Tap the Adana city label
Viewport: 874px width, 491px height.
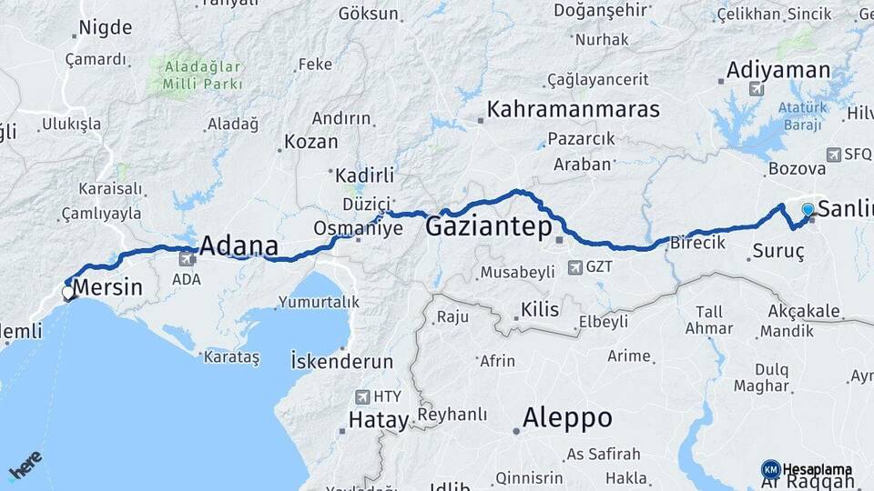(x=238, y=245)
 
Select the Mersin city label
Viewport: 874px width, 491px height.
(x=107, y=289)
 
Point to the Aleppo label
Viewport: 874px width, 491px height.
(x=566, y=418)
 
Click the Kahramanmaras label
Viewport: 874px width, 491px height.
(x=573, y=109)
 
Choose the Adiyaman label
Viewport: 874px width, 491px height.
(x=777, y=70)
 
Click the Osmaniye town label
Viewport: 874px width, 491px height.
(x=358, y=228)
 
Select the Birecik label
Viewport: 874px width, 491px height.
(x=697, y=243)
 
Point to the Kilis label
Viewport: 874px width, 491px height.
(x=539, y=310)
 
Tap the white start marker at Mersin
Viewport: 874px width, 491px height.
(x=68, y=293)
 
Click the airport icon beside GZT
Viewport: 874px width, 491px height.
(x=574, y=267)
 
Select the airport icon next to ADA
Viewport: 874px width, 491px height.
(x=188, y=258)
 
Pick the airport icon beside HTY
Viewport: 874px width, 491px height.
(x=363, y=396)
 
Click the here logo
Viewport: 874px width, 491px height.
(x=25, y=466)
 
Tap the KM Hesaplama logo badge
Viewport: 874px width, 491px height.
(x=770, y=469)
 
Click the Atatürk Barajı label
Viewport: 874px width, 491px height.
(x=802, y=114)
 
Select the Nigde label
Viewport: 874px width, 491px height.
(x=106, y=27)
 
